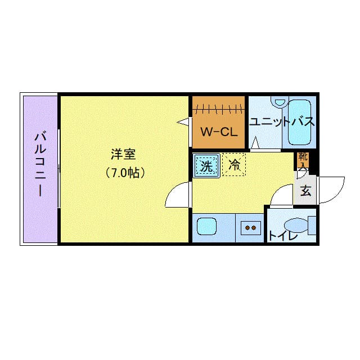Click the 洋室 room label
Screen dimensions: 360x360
click(x=123, y=154)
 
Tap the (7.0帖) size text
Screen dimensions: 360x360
click(x=125, y=173)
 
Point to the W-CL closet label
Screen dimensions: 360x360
click(x=219, y=132)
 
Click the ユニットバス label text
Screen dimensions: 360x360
click(x=282, y=121)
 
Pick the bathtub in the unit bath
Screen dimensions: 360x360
click(x=300, y=122)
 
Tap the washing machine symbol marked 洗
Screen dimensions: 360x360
click(x=206, y=165)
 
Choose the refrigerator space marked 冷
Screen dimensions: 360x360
click(x=234, y=165)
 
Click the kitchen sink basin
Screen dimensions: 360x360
click(x=206, y=226)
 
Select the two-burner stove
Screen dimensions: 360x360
click(x=250, y=228)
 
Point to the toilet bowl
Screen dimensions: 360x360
click(x=296, y=226)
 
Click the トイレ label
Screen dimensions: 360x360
click(x=282, y=236)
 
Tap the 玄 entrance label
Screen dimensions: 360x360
click(x=306, y=190)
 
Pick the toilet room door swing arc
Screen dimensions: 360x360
click(x=277, y=191)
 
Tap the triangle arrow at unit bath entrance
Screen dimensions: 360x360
click(x=255, y=143)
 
